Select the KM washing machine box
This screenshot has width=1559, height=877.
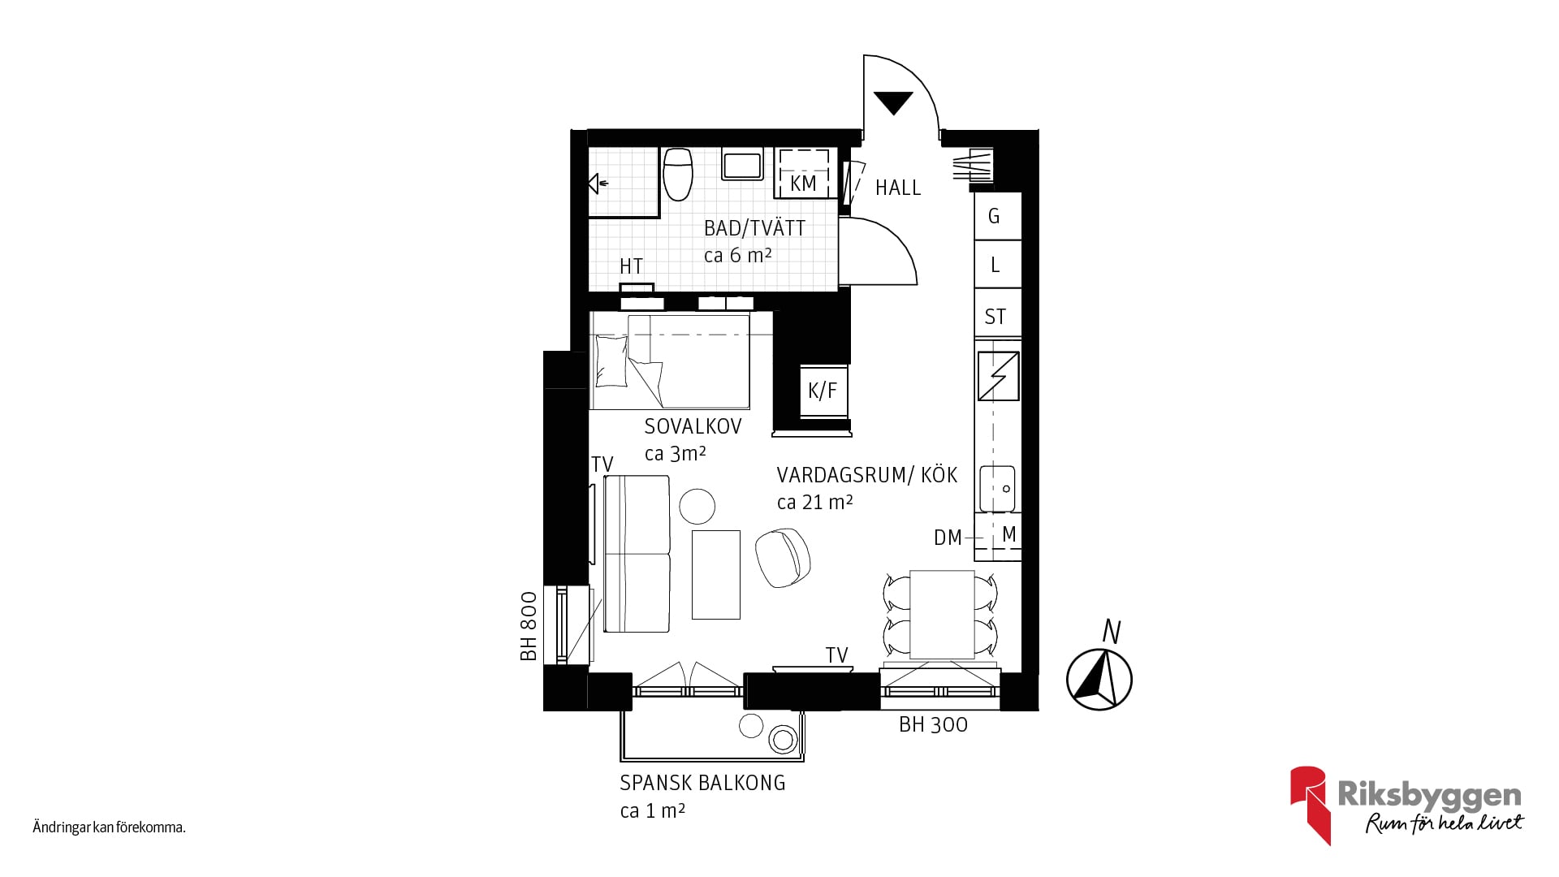804,172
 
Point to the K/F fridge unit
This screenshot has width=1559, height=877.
823,391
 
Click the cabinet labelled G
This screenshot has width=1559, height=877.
997,216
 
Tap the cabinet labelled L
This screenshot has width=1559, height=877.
997,265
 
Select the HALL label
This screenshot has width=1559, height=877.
898,188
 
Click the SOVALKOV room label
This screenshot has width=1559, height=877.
693,426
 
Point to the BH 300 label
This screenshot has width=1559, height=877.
933,725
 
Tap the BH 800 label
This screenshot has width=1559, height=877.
529,626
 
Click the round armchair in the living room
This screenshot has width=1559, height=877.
783,556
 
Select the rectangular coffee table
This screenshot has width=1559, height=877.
716,575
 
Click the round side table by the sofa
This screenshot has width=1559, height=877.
697,506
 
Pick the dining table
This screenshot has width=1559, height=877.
942,614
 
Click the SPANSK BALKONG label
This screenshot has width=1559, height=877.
702,784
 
